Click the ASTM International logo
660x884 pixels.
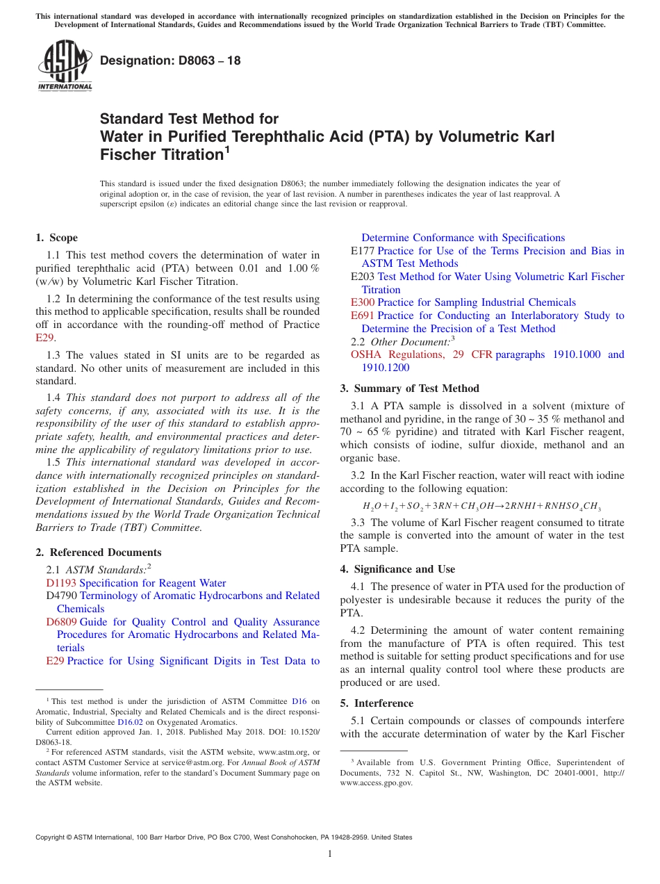tap(65, 65)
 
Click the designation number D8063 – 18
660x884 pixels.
tap(171, 60)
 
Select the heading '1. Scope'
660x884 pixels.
tap(57, 238)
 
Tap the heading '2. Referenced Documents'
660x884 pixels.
tap(99, 552)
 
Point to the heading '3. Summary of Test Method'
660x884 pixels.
tap(410, 388)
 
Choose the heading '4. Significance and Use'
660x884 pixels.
tap(398, 569)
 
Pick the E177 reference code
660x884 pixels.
tap(363, 251)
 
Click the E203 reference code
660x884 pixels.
tap(363, 277)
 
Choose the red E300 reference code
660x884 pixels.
tap(363, 302)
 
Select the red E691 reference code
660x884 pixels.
tap(363, 316)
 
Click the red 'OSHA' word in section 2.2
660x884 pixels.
tap(367, 354)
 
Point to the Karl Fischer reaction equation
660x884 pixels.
tap(481, 507)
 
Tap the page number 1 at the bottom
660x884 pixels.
tap(330, 854)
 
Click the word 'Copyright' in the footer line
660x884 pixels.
tap(52, 837)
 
